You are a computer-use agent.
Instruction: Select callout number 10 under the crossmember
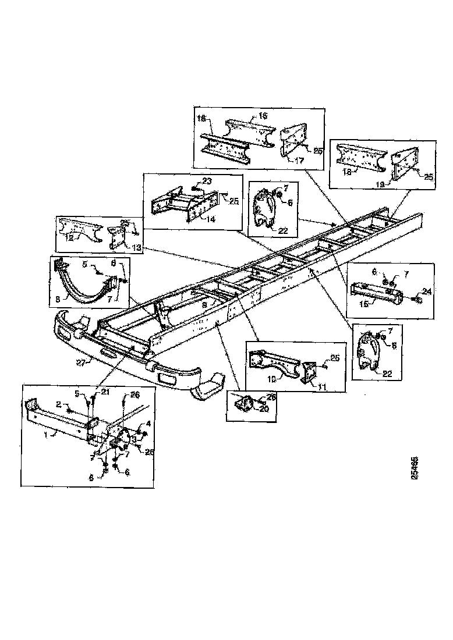pos(272,378)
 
